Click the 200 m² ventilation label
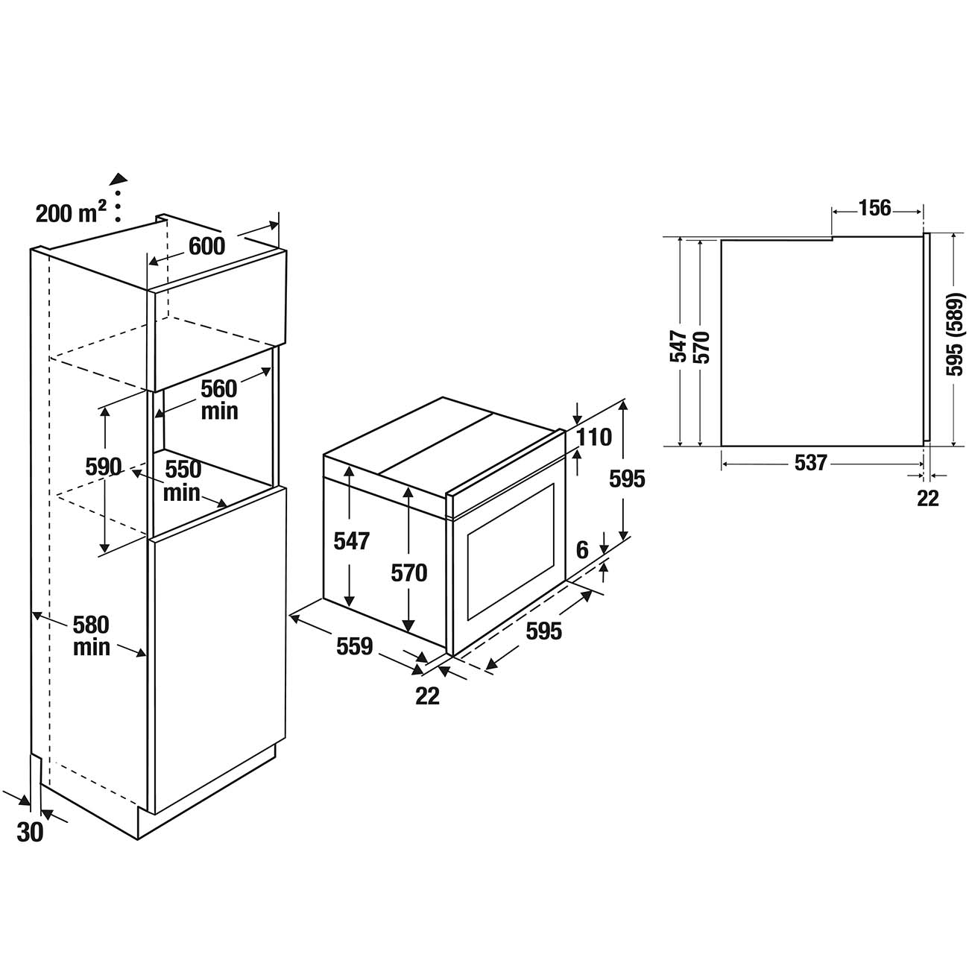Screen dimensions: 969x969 (71, 213)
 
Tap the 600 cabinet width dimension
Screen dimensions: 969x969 (206, 247)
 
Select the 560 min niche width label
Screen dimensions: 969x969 (219, 400)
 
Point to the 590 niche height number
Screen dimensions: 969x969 (104, 467)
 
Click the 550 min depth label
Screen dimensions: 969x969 (182, 481)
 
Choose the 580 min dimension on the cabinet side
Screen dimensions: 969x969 (91, 636)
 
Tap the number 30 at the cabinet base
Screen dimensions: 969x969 (30, 833)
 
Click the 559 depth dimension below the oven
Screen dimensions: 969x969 (355, 647)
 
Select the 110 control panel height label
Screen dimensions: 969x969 (594, 438)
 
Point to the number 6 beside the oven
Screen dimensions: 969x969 (582, 550)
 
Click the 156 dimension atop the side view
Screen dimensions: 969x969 (874, 208)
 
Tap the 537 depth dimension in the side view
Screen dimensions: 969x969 (810, 463)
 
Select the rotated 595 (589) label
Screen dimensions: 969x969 (954, 335)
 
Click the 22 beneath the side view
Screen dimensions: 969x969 (928, 499)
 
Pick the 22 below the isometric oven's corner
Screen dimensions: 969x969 (427, 696)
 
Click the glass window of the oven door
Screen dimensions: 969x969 (511, 552)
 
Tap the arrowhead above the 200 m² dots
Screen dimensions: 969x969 (119, 177)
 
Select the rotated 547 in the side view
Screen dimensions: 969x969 (678, 346)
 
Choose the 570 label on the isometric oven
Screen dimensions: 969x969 (408, 572)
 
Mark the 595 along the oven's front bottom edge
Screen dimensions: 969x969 (543, 631)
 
